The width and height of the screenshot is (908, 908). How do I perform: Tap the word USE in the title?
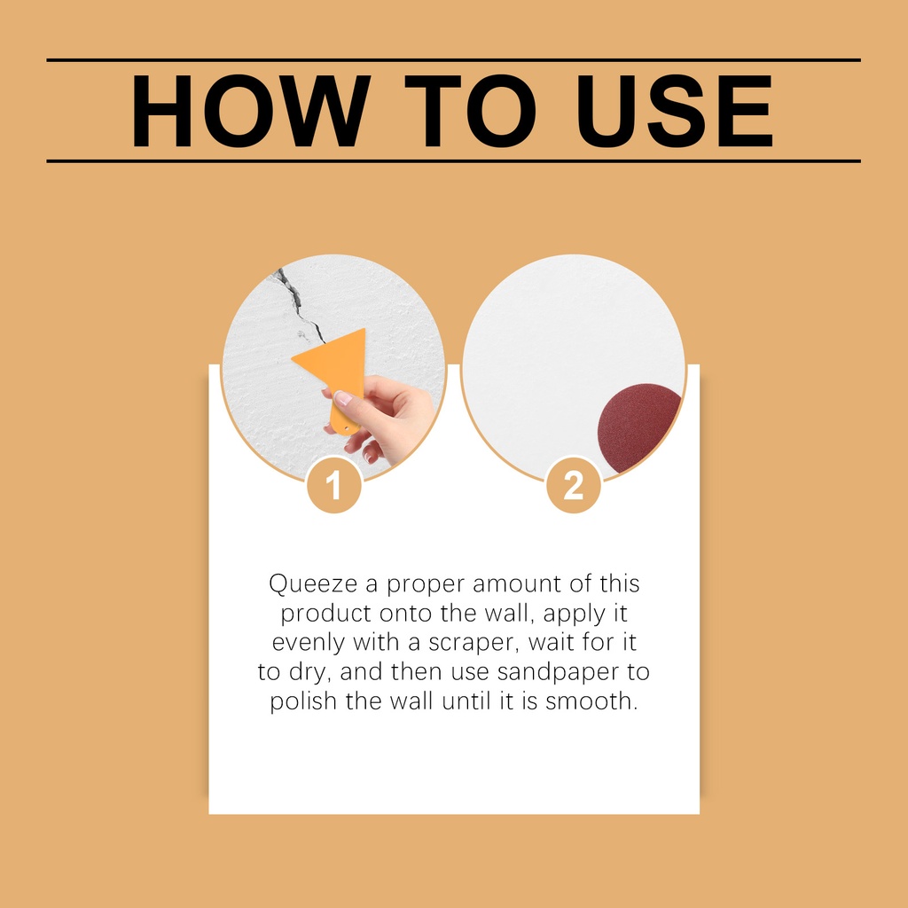click(674, 111)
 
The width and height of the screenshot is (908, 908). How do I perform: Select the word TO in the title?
click(470, 111)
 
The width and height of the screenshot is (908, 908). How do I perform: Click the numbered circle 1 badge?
click(334, 485)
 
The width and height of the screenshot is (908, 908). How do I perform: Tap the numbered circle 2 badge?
click(574, 485)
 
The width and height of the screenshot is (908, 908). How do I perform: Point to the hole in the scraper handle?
click(347, 428)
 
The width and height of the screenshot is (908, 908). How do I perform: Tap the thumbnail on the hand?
click(343, 398)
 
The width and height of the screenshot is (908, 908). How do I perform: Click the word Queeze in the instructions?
click(313, 583)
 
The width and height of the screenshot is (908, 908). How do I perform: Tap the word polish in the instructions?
click(303, 701)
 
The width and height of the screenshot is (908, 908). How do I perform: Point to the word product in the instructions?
click(325, 614)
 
